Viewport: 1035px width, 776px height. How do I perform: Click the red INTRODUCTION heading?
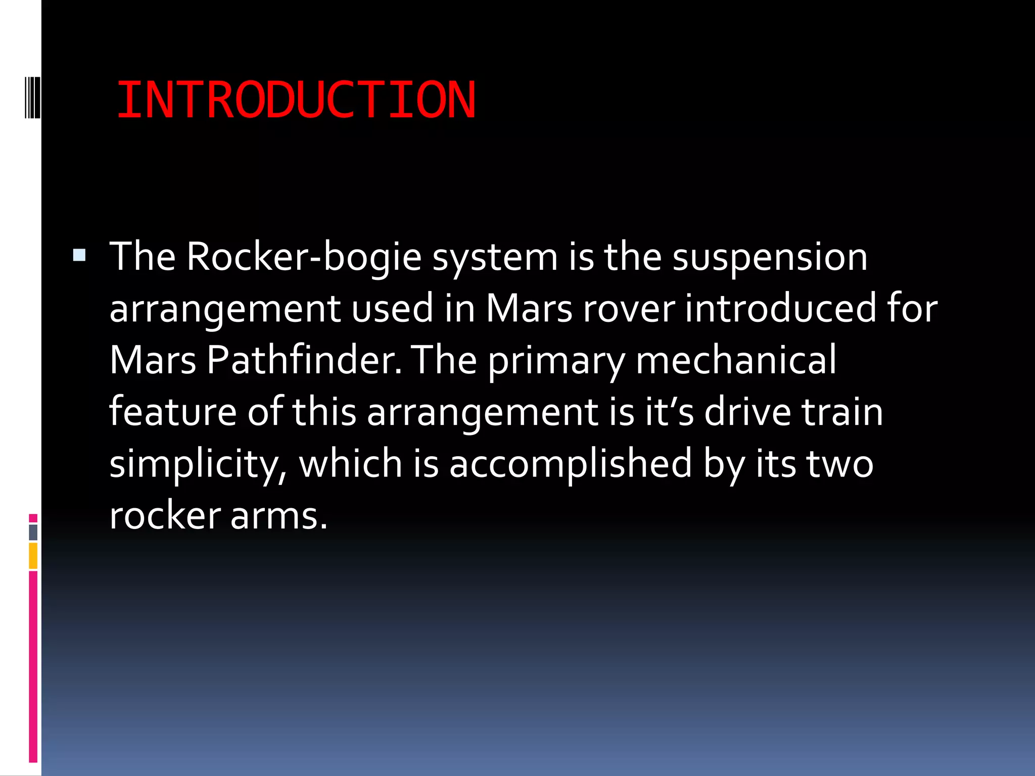(x=296, y=100)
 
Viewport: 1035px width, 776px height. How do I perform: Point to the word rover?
(x=629, y=309)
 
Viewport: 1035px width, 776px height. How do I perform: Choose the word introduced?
(x=780, y=309)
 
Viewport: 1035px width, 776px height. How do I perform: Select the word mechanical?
(x=736, y=360)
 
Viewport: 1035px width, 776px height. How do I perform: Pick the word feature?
(x=172, y=412)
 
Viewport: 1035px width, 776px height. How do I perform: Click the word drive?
(x=747, y=412)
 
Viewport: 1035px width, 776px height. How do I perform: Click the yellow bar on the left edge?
(x=33, y=556)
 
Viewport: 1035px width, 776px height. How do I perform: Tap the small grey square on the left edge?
(x=33, y=532)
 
